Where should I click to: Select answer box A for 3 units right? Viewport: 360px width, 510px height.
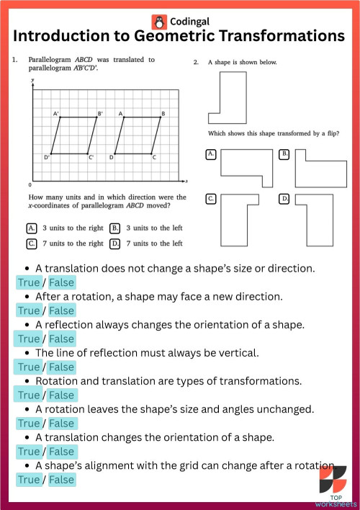[x=32, y=228]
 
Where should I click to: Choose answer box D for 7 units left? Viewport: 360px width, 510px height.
[x=114, y=243]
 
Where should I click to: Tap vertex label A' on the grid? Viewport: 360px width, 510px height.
[x=55, y=114]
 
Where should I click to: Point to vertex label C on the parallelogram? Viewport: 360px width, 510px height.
[x=156, y=157]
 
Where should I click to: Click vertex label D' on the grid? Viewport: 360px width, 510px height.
[x=46, y=157]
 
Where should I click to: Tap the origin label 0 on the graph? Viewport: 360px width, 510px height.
[x=30, y=184]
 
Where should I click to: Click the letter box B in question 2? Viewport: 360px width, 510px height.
[x=284, y=154]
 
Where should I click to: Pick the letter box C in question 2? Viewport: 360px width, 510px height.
[x=211, y=198]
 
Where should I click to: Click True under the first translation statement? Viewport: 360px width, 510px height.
[x=29, y=282]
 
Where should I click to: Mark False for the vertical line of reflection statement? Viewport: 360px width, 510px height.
[x=62, y=367]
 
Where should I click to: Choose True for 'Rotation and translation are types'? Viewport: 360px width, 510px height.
[x=29, y=395]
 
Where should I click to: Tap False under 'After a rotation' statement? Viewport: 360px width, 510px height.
[x=62, y=310]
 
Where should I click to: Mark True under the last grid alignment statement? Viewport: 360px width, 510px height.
[x=29, y=479]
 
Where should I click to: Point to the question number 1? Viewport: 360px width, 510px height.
[x=14, y=60]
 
